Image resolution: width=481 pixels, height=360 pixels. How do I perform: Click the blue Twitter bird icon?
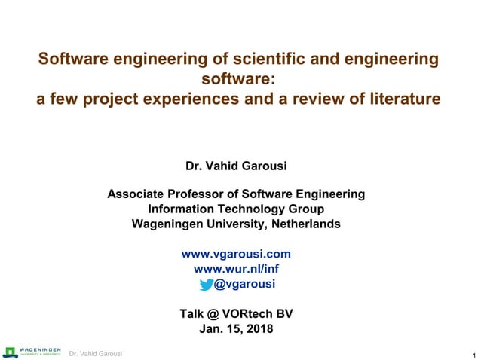click(206, 284)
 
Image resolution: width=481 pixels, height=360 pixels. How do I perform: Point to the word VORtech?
click(250, 314)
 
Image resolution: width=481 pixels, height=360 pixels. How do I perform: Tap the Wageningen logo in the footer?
click(32, 352)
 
